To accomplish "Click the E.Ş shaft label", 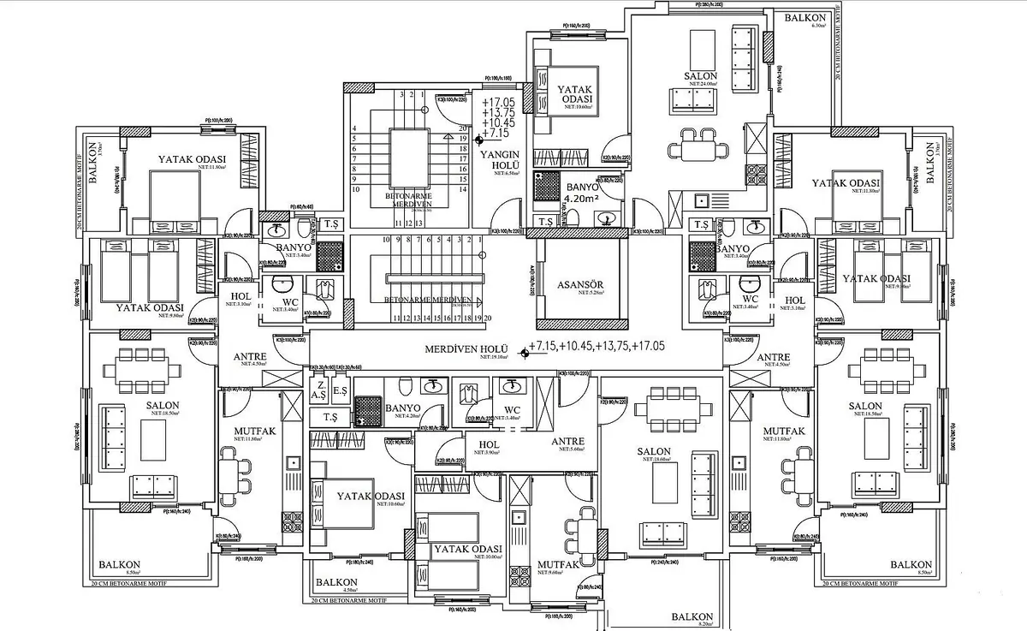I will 339,391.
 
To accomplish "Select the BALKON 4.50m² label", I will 336,584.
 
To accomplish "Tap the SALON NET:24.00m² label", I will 700,78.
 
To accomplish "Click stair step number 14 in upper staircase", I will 462,188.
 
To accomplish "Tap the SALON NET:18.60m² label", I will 653,454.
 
